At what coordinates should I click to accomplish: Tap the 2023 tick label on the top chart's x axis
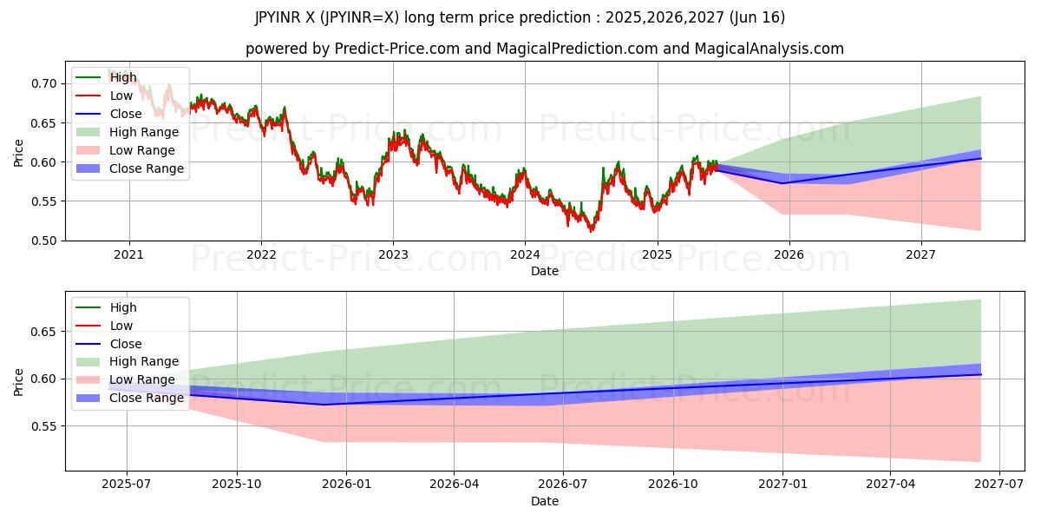393,255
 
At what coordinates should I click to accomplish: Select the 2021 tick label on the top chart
129,255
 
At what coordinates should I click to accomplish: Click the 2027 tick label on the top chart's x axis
920,255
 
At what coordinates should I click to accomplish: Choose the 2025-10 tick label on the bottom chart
237,485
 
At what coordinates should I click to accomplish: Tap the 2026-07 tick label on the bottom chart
563,485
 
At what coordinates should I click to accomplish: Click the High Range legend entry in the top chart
144,133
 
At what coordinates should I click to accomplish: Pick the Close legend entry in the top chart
126,115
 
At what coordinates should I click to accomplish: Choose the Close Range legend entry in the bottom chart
146,398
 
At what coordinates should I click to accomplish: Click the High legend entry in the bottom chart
123,307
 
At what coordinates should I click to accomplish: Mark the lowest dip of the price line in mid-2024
592,231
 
